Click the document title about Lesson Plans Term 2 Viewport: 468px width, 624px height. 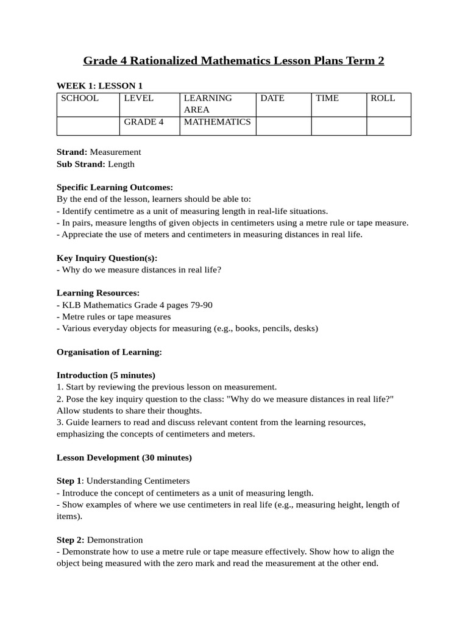pyautogui.click(x=233, y=61)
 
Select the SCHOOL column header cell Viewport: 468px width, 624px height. pyautogui.click(x=79, y=98)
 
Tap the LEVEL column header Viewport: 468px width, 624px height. pyautogui.click(x=139, y=98)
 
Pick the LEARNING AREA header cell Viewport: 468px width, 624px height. pyautogui.click(x=208, y=104)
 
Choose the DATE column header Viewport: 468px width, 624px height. pyautogui.click(x=272, y=98)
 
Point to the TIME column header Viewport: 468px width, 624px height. pyautogui.click(x=327, y=98)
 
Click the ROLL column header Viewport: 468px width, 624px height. pyautogui.click(x=383, y=98)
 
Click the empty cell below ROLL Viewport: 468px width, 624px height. pyautogui.click(x=389, y=126)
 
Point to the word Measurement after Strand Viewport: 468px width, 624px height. pyautogui.click(x=115, y=152)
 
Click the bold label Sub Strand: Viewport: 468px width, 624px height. pyautogui.click(x=81, y=164)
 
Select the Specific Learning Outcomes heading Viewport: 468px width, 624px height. pyautogui.click(x=115, y=187)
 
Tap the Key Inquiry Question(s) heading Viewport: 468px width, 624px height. pyautogui.click(x=107, y=258)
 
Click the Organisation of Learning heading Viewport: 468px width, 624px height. pyautogui.click(x=109, y=352)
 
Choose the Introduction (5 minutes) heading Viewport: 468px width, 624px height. pyautogui.click(x=105, y=375)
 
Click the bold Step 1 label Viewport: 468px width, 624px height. pyautogui.click(x=69, y=481)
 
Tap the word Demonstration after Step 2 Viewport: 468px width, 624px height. pyautogui.click(x=115, y=540)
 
